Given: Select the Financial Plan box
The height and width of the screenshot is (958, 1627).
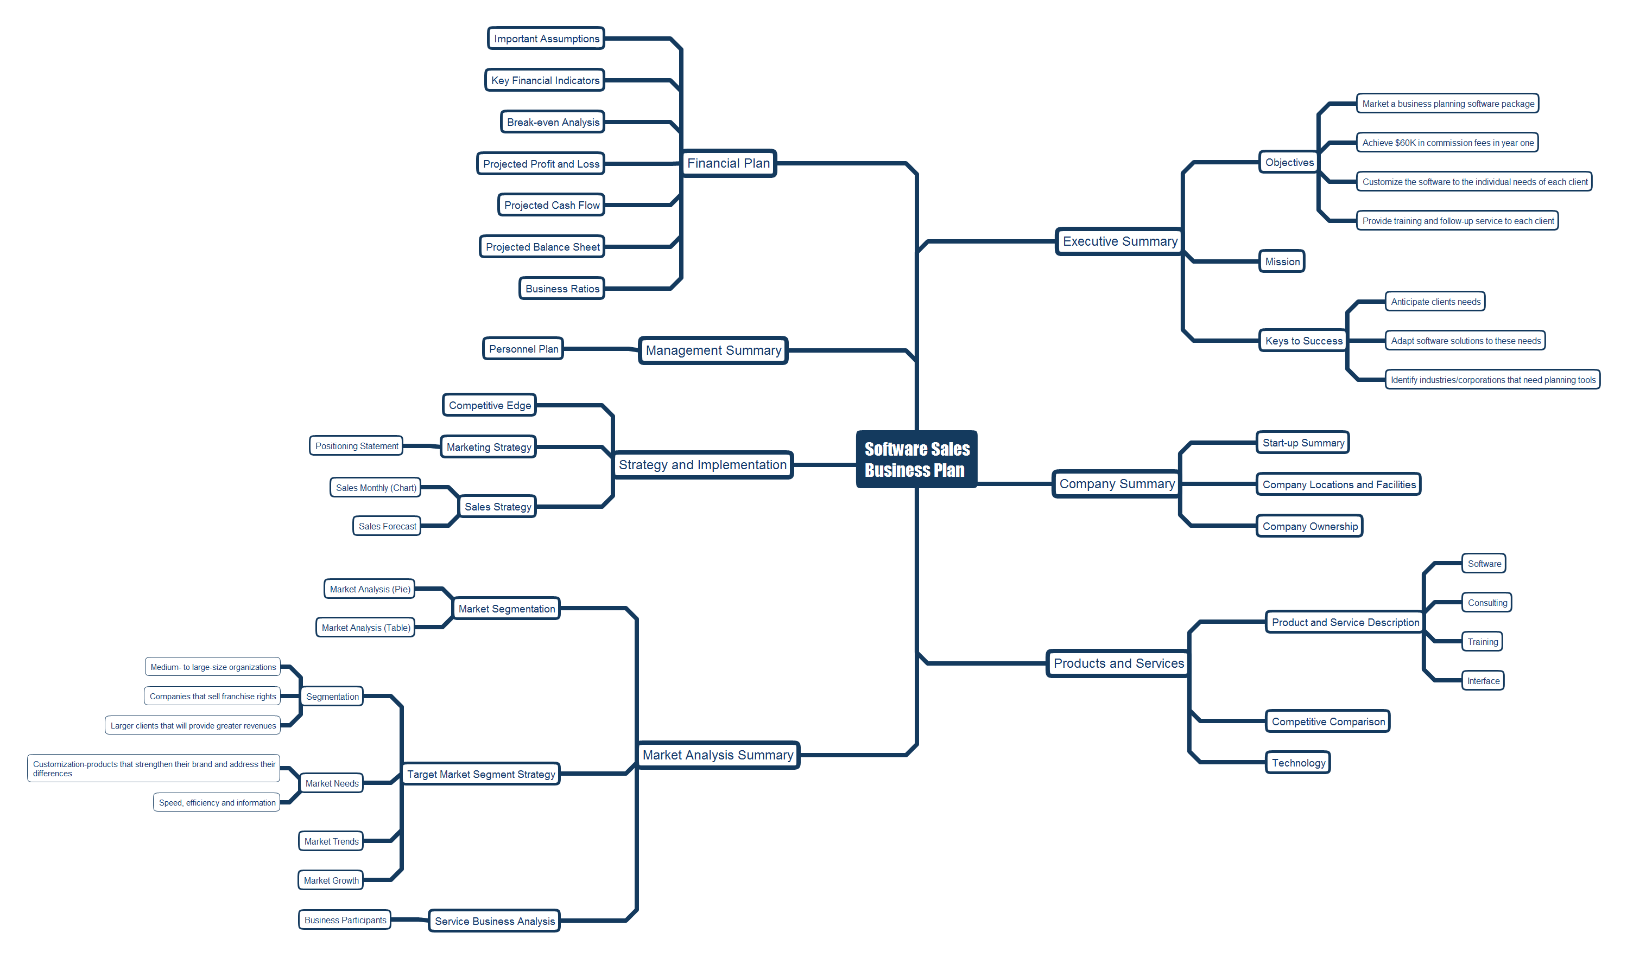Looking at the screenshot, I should pyautogui.click(x=728, y=163).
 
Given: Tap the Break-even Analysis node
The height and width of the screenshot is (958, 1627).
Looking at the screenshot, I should pyautogui.click(x=552, y=122).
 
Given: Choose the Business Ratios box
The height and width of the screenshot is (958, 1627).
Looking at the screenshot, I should pyautogui.click(x=561, y=289).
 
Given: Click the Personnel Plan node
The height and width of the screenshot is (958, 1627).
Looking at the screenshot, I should pyautogui.click(x=523, y=349).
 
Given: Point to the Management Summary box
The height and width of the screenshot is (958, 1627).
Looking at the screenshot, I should pyautogui.click(x=712, y=350).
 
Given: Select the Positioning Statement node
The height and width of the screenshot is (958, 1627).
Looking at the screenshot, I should pyautogui.click(x=356, y=446).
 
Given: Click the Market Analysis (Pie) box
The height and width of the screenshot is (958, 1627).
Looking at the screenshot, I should pyautogui.click(x=370, y=589).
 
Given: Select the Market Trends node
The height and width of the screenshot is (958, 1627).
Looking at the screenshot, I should pyautogui.click(x=331, y=841).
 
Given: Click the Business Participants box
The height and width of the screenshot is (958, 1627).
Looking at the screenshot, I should pyautogui.click(x=345, y=920).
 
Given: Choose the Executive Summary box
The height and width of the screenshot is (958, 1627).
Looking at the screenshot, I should pyautogui.click(x=1119, y=241).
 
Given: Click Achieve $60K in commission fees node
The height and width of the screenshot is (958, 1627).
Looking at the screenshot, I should pyautogui.click(x=1447, y=143).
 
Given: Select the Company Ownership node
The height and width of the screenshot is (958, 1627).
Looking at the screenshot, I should pyautogui.click(x=1309, y=526).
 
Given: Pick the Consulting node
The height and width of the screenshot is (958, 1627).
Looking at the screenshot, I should pyautogui.click(x=1486, y=602).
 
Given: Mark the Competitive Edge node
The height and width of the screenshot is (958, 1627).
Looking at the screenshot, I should pyautogui.click(x=489, y=405).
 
